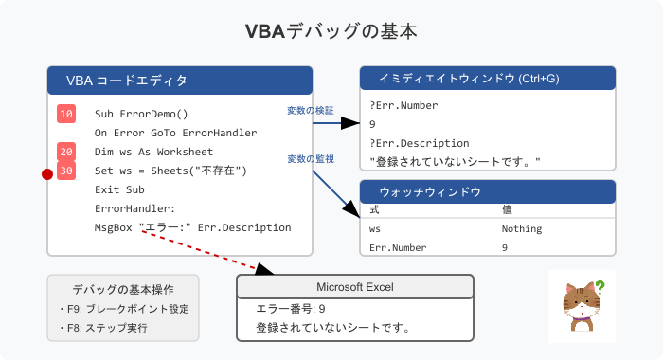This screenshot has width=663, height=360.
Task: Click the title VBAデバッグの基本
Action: click(x=331, y=31)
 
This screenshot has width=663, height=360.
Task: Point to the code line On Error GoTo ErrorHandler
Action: click(x=175, y=134)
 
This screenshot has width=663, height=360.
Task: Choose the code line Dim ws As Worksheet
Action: click(x=153, y=153)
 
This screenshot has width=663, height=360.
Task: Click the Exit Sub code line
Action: click(x=119, y=189)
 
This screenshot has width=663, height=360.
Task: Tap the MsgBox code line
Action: click(x=192, y=227)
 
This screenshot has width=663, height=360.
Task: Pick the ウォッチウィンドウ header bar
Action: click(x=488, y=191)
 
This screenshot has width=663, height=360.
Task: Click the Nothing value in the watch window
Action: click(x=522, y=228)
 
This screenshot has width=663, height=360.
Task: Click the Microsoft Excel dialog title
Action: click(x=354, y=287)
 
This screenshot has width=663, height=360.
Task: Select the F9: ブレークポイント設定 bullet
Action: click(x=123, y=309)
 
